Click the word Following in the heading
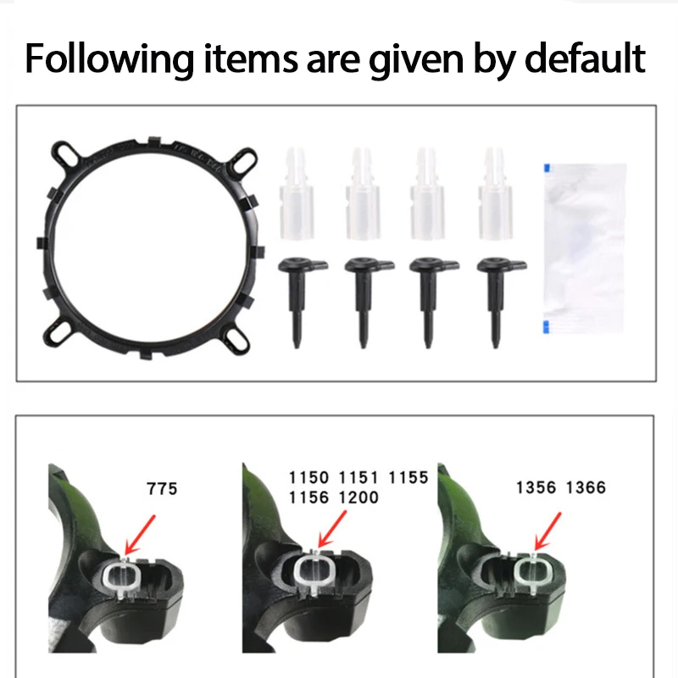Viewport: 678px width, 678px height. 109,59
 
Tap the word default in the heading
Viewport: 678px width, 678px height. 585,58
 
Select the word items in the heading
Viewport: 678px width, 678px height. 251,58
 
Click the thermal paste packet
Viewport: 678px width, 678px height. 585,248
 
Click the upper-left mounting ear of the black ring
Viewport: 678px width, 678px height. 66,154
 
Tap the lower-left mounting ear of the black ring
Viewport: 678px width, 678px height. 58,332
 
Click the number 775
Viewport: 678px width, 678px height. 162,489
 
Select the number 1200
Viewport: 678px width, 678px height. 358,497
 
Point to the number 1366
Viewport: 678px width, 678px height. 586,488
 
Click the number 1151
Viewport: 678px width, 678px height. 358,478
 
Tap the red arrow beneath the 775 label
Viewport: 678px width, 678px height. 140,535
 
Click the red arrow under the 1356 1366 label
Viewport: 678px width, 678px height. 547,531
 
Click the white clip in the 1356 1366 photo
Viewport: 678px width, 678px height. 533,573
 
